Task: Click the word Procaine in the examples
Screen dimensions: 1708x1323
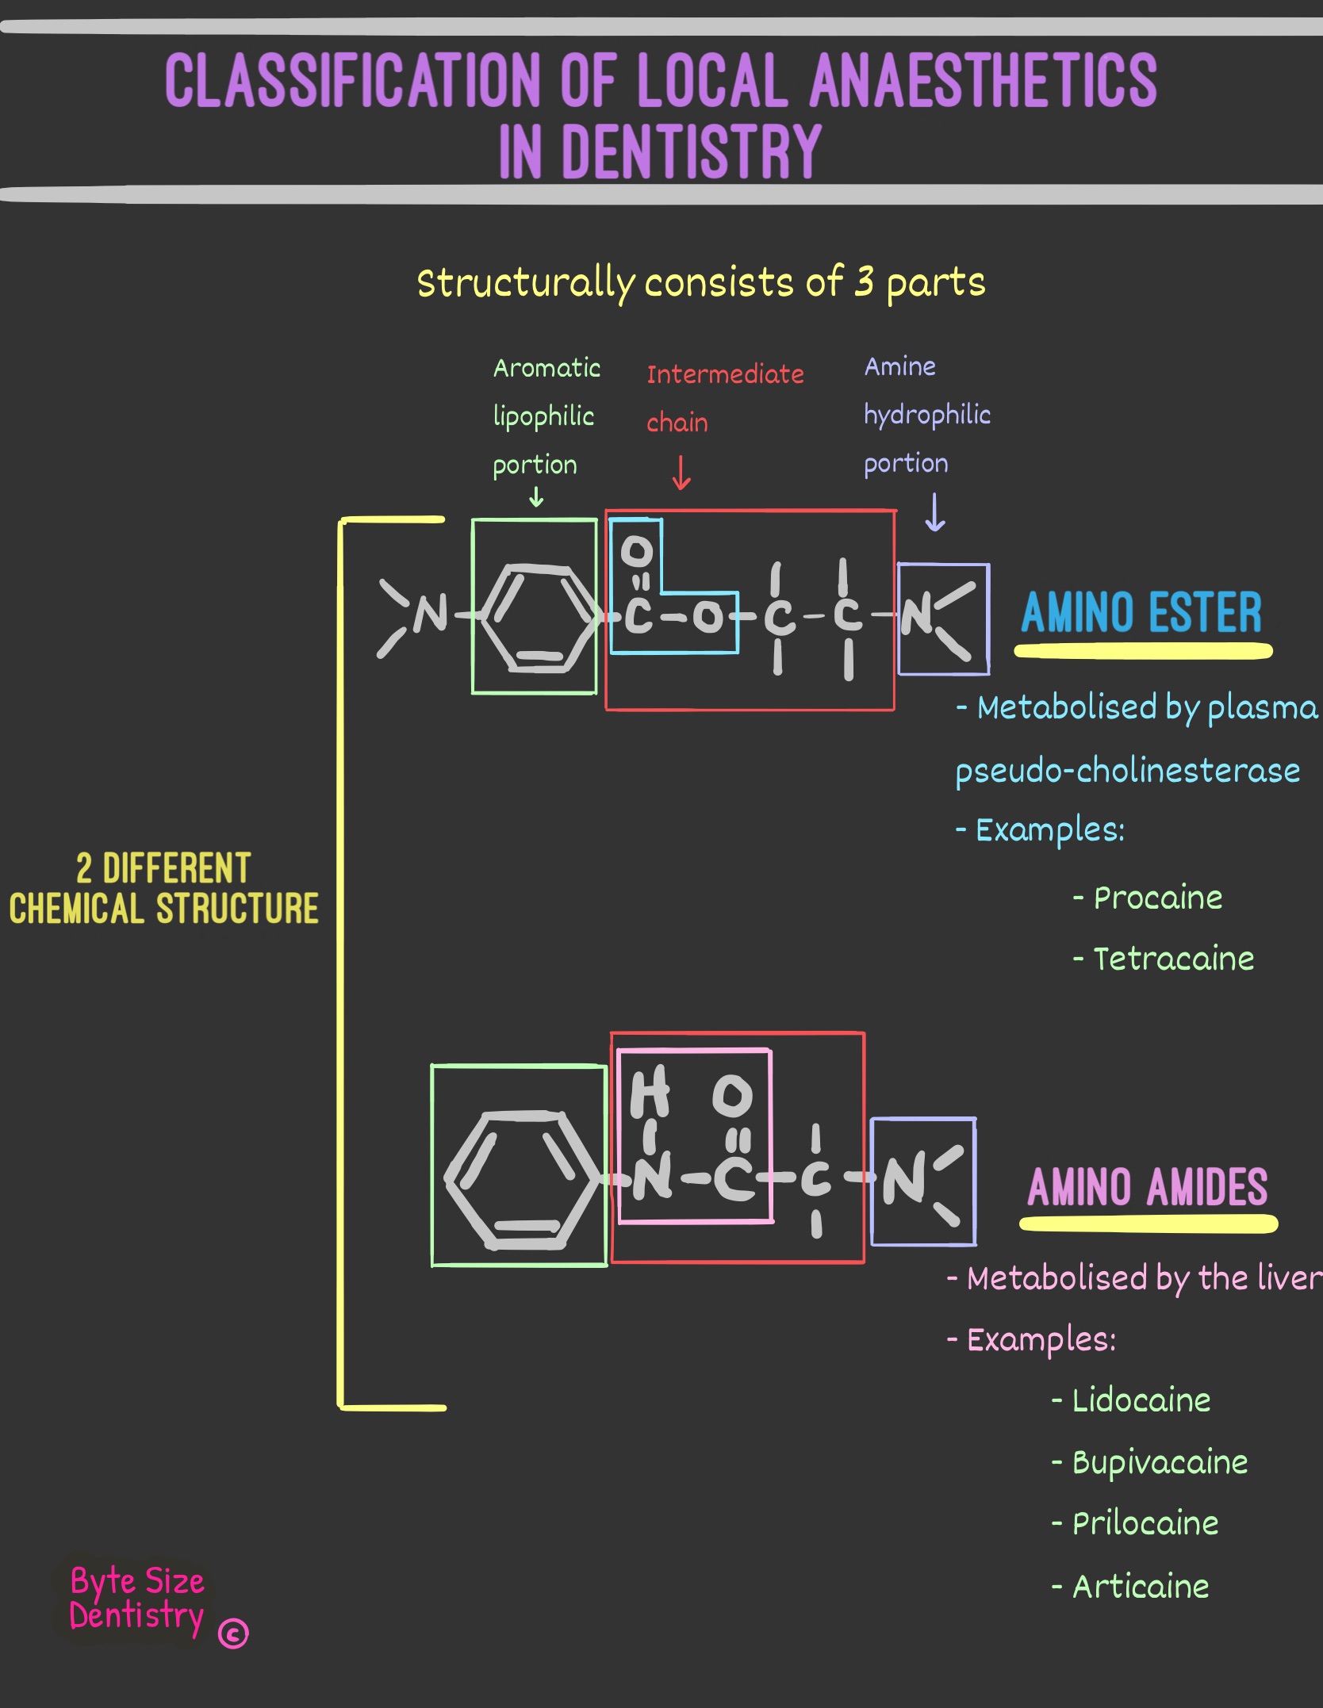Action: (x=1158, y=898)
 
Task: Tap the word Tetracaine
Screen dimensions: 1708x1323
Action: (x=1174, y=959)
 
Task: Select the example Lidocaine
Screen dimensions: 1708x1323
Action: (x=1141, y=1400)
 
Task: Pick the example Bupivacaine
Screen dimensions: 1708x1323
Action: (x=1160, y=1462)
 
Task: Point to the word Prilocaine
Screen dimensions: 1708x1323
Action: (x=1145, y=1523)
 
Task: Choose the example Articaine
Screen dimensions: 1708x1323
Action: (x=1141, y=1587)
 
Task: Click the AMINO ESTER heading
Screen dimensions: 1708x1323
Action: (x=1141, y=613)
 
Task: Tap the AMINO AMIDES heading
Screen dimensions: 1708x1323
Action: (x=1148, y=1187)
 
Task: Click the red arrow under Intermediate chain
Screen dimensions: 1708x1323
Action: (x=681, y=473)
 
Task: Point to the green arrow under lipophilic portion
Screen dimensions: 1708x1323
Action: (x=536, y=497)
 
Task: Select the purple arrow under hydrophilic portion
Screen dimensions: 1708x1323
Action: (x=935, y=512)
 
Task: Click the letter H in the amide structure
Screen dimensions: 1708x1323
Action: (x=649, y=1092)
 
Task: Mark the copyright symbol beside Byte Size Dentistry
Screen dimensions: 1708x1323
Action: (x=233, y=1633)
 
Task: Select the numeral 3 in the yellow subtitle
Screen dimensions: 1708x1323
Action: (x=864, y=281)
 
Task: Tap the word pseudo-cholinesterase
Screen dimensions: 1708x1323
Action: (x=1127, y=771)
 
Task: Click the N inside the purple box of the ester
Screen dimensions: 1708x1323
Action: (x=917, y=615)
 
